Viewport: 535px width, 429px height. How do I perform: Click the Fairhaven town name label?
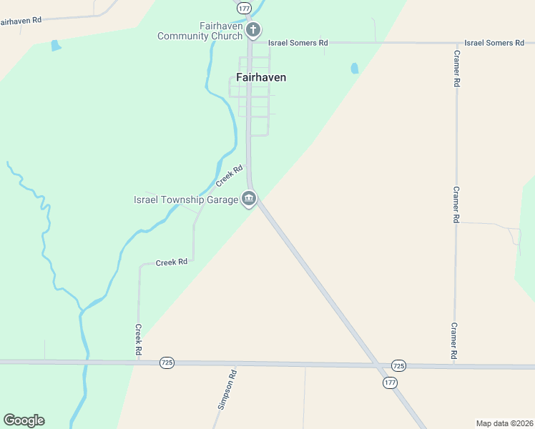262,77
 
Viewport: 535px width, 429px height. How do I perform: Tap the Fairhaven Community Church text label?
200,31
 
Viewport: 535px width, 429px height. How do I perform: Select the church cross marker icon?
252,30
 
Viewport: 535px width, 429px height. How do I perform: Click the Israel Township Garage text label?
186,199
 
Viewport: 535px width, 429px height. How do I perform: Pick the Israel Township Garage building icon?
248,199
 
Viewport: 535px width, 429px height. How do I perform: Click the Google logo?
24,420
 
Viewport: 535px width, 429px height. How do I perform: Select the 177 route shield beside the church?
244,7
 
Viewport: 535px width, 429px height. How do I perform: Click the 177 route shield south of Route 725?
390,383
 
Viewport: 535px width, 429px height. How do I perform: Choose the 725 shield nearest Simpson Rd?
167,363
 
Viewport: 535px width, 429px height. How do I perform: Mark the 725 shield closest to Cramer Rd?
398,365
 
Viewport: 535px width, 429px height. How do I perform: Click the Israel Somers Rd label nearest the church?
298,43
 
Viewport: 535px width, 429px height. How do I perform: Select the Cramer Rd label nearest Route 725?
454,340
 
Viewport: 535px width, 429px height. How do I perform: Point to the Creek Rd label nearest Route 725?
138,340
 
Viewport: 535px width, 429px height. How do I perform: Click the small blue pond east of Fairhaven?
354,69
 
